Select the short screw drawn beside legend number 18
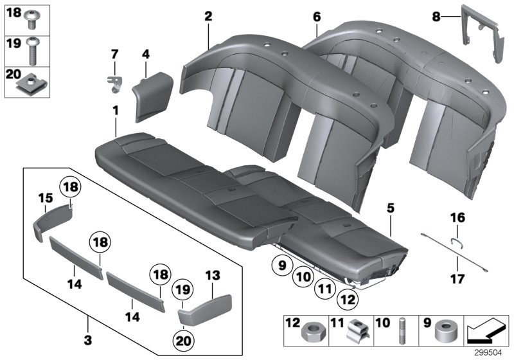pos(31,21)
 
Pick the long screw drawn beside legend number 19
pos(31,48)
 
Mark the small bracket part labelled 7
pos(114,82)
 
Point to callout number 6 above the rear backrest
pos(316,15)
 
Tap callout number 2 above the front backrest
pos(208,17)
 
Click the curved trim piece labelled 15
pos(51,219)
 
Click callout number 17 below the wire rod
pos(456,262)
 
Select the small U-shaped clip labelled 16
pos(456,242)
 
